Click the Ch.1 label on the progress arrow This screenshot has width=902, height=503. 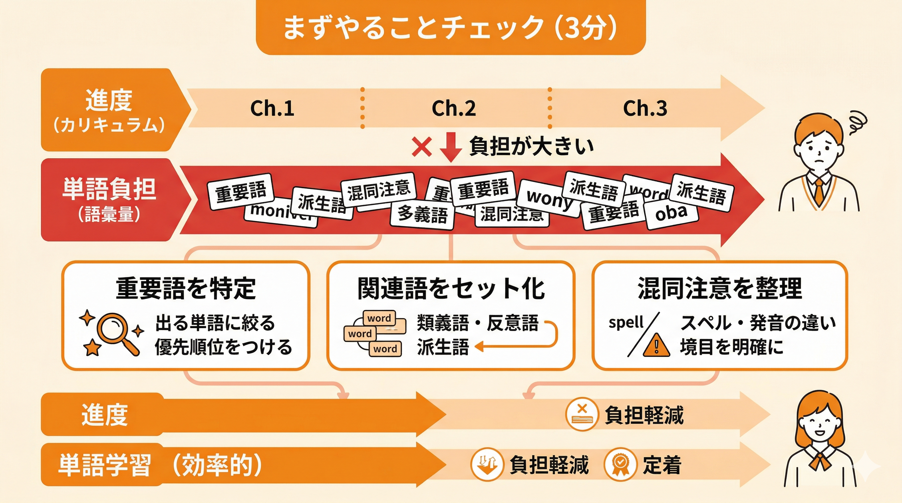[272, 108]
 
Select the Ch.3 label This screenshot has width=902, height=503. [645, 108]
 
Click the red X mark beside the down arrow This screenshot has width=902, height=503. [422, 147]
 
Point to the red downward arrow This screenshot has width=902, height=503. [450, 147]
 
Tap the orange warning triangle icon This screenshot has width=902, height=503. [657, 345]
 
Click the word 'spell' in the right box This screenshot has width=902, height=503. [626, 323]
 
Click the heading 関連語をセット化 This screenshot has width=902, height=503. [451, 289]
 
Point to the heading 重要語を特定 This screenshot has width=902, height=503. [186, 289]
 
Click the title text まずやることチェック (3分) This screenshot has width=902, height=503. [450, 27]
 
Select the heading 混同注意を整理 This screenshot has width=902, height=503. [719, 289]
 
